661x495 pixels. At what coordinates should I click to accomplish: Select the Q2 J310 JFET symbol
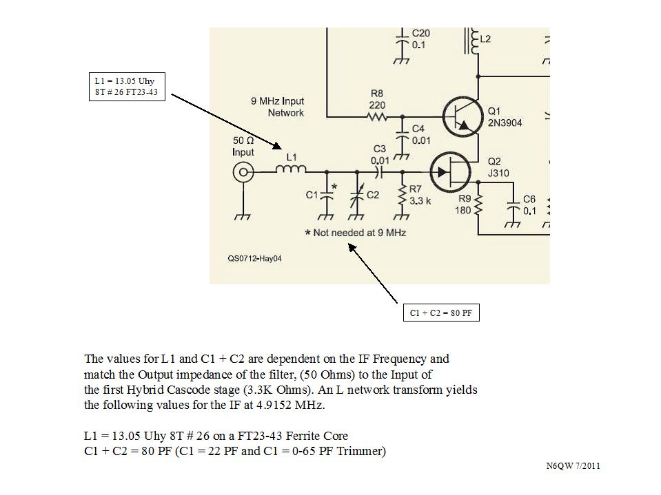point(449,171)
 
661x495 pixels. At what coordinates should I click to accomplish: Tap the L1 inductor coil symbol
point(291,171)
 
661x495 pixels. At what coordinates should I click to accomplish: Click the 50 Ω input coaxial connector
point(243,172)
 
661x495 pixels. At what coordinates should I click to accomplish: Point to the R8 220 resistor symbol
point(377,117)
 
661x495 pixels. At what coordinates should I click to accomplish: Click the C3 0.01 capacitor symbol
point(379,171)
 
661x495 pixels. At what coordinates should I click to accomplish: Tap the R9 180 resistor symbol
point(478,204)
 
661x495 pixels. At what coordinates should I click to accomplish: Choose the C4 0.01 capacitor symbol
point(401,135)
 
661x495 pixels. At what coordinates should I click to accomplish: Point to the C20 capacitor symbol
point(401,39)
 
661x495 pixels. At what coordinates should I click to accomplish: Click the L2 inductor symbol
point(473,41)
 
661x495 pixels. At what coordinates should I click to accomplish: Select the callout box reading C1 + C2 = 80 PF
point(441,313)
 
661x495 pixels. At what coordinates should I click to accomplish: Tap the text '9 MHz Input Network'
point(277,107)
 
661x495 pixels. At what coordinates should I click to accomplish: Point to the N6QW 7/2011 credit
point(573,466)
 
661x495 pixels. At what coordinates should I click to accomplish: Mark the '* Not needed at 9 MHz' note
point(356,233)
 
